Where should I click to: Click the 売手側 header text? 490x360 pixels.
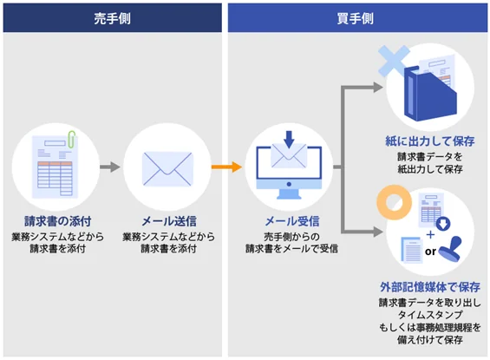click(x=112, y=17)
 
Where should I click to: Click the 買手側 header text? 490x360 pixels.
click(x=356, y=17)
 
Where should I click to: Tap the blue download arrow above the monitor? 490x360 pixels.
click(x=290, y=138)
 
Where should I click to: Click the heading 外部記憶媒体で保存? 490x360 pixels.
click(x=430, y=286)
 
